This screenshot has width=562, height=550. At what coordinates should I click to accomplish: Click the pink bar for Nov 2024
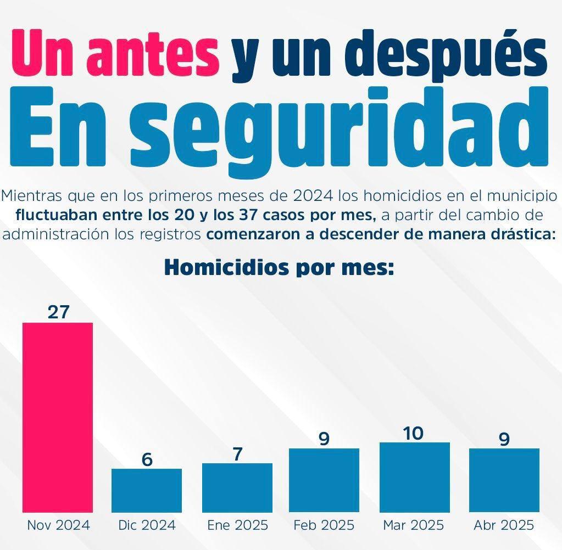pyautogui.click(x=57, y=417)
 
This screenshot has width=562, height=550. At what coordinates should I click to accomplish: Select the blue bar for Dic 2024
pyautogui.click(x=147, y=490)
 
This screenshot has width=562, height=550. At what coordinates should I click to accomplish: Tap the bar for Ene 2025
pyautogui.click(x=237, y=487)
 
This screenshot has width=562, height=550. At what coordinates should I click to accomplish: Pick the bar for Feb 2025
pyautogui.click(x=324, y=480)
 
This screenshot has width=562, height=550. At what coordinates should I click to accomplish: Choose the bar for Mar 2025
pyautogui.click(x=414, y=477)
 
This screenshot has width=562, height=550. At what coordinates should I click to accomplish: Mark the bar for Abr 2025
pyautogui.click(x=504, y=480)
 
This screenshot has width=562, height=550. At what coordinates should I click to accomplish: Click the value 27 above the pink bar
pyautogui.click(x=58, y=312)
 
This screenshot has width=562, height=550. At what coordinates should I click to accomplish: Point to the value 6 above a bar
pyautogui.click(x=147, y=459)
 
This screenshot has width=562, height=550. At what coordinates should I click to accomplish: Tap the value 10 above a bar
pyautogui.click(x=413, y=433)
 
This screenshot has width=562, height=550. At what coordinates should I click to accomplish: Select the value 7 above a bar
pyautogui.click(x=237, y=454)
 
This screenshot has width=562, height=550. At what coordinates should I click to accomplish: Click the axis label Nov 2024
pyautogui.click(x=58, y=525)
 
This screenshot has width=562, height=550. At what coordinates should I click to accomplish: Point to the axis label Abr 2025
pyautogui.click(x=504, y=525)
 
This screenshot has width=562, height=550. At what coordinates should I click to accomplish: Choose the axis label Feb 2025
pyautogui.click(x=324, y=525)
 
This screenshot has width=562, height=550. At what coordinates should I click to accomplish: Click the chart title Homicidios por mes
pyautogui.click(x=280, y=267)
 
